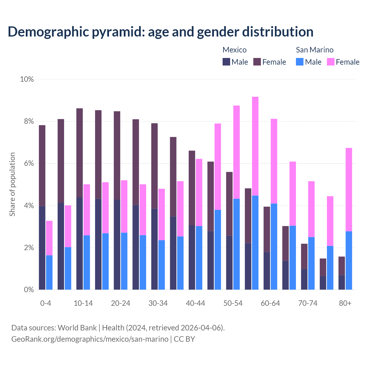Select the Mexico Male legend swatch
pyautogui.click(x=226, y=62)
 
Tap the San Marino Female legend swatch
pyautogui.click(x=331, y=62)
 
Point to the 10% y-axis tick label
pyautogui.click(x=27, y=79)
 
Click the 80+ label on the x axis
pyautogui.click(x=345, y=303)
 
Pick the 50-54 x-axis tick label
pyautogui.click(x=233, y=303)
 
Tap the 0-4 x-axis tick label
pyautogui.click(x=46, y=303)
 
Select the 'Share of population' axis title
pyautogui.click(x=12, y=184)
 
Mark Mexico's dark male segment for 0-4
pyautogui.click(x=42, y=248)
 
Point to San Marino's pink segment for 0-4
pyautogui.click(x=49, y=238)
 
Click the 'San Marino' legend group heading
pyautogui.click(x=314, y=50)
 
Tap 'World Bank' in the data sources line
pyautogui.click(x=77, y=328)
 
